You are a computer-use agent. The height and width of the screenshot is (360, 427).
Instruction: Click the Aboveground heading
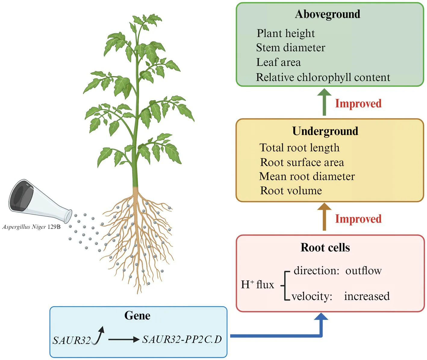click(x=327, y=14)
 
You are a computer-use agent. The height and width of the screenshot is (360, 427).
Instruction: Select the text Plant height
click(x=285, y=33)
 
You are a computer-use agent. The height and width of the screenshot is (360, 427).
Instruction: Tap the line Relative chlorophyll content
click(x=323, y=77)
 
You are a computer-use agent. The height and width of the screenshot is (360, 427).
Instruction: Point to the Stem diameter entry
click(x=291, y=48)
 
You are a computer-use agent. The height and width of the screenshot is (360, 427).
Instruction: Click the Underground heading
click(x=325, y=131)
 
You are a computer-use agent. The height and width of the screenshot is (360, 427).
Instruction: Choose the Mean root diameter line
click(x=307, y=176)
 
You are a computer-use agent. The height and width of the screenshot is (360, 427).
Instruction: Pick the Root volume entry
click(x=291, y=191)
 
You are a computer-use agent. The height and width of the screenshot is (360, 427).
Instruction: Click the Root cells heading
click(x=325, y=248)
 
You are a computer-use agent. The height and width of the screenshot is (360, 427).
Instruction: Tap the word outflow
click(x=363, y=271)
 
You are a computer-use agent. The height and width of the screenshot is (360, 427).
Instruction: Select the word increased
click(x=367, y=296)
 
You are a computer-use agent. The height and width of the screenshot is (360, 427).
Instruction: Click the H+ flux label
click(x=257, y=285)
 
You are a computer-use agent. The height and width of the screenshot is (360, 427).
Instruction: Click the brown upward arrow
click(x=324, y=217)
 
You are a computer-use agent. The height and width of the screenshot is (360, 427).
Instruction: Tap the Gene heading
click(x=137, y=315)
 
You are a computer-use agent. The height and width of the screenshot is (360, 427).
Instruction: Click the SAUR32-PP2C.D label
click(x=182, y=340)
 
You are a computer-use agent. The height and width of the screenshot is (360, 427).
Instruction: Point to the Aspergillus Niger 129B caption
click(x=31, y=227)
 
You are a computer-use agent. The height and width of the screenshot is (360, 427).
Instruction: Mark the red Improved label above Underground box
click(x=358, y=103)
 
